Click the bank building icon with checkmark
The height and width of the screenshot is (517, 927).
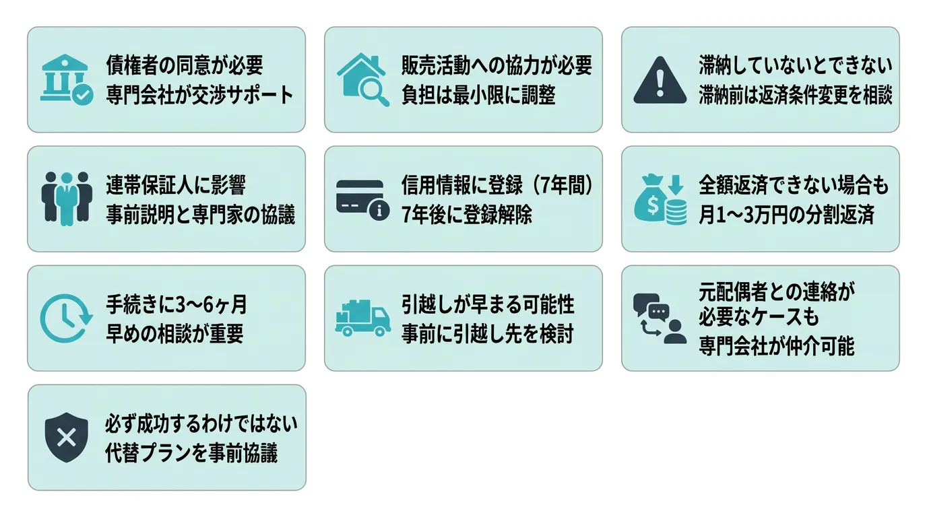point(66,80)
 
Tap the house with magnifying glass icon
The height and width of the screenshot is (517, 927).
point(363,80)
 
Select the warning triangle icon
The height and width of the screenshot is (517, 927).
point(660,80)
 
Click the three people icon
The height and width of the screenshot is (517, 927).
point(66,199)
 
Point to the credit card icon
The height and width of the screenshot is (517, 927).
point(363,199)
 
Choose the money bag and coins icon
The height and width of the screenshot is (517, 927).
point(660,199)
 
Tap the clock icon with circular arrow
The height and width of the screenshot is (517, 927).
point(66,318)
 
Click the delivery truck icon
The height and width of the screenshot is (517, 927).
point(363,318)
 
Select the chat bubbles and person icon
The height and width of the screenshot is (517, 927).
point(660,318)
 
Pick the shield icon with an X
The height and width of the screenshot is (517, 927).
point(66,438)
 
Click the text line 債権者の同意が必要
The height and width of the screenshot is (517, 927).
point(184,65)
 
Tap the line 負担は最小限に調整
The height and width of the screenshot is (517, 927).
point(478,95)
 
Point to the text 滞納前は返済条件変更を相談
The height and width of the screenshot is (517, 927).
point(795,95)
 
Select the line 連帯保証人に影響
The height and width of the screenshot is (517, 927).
point(176,184)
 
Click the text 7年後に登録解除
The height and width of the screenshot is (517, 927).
point(467,214)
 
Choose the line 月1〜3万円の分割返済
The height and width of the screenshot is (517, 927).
point(786,214)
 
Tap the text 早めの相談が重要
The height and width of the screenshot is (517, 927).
point(174,333)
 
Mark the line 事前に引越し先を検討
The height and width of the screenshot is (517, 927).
point(487,333)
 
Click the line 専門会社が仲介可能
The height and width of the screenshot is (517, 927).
point(776,346)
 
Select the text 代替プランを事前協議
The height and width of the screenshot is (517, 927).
point(191,453)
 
